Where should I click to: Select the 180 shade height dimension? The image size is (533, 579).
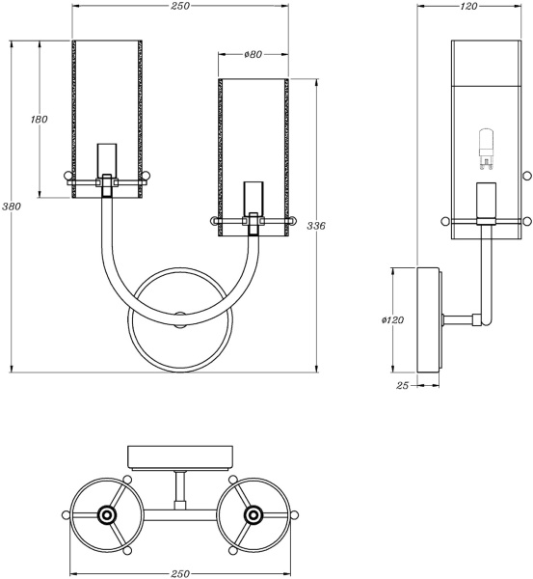coord(40,119)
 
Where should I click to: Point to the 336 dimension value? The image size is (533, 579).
coord(315,225)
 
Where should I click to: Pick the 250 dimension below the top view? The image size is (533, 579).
coord(179,571)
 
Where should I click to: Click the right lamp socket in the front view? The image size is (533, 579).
coord(253,205)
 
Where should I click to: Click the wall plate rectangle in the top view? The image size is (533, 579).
coord(179,455)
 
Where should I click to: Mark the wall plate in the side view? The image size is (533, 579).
coord(430,319)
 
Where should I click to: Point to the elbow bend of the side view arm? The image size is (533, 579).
coord(485,317)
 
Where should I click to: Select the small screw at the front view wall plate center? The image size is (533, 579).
coord(179,316)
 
